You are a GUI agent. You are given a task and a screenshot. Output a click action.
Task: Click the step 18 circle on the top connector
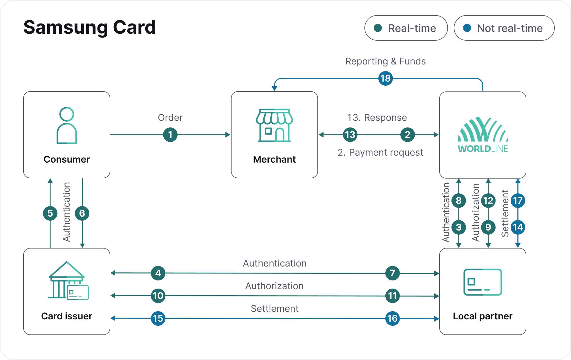click(x=386, y=78)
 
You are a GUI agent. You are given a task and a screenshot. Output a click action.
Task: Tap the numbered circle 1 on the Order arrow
click(x=170, y=135)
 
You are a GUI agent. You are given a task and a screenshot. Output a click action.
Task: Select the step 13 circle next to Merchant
click(x=350, y=135)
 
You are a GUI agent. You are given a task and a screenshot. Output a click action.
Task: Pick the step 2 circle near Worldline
click(x=408, y=135)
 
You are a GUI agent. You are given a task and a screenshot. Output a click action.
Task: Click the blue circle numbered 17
click(x=518, y=201)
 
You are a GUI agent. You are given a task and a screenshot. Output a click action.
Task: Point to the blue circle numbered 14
click(x=518, y=227)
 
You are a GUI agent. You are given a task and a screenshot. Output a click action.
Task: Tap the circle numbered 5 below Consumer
click(x=50, y=213)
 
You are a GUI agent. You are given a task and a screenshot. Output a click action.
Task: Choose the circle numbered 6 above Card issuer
click(x=82, y=213)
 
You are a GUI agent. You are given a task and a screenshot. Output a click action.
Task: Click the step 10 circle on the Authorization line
click(x=158, y=296)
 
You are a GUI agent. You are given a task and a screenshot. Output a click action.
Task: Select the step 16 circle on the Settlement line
click(x=393, y=318)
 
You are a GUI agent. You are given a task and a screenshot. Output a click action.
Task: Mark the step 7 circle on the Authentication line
click(x=393, y=273)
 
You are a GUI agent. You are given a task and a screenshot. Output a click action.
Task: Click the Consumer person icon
click(x=67, y=125)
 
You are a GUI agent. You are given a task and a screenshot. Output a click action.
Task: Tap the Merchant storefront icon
click(x=274, y=125)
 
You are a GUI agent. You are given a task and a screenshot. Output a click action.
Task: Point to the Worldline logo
click(x=483, y=135)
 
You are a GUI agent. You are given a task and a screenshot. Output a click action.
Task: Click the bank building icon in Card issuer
click(x=68, y=280)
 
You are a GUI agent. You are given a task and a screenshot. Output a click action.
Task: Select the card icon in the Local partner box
click(x=483, y=282)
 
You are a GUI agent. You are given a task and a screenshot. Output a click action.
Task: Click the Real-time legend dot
click(x=378, y=28)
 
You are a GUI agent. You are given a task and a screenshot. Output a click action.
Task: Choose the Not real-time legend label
click(x=510, y=28)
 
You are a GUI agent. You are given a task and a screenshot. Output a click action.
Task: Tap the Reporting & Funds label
click(x=386, y=61)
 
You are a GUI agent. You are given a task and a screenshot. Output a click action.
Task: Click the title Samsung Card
click(x=90, y=28)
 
